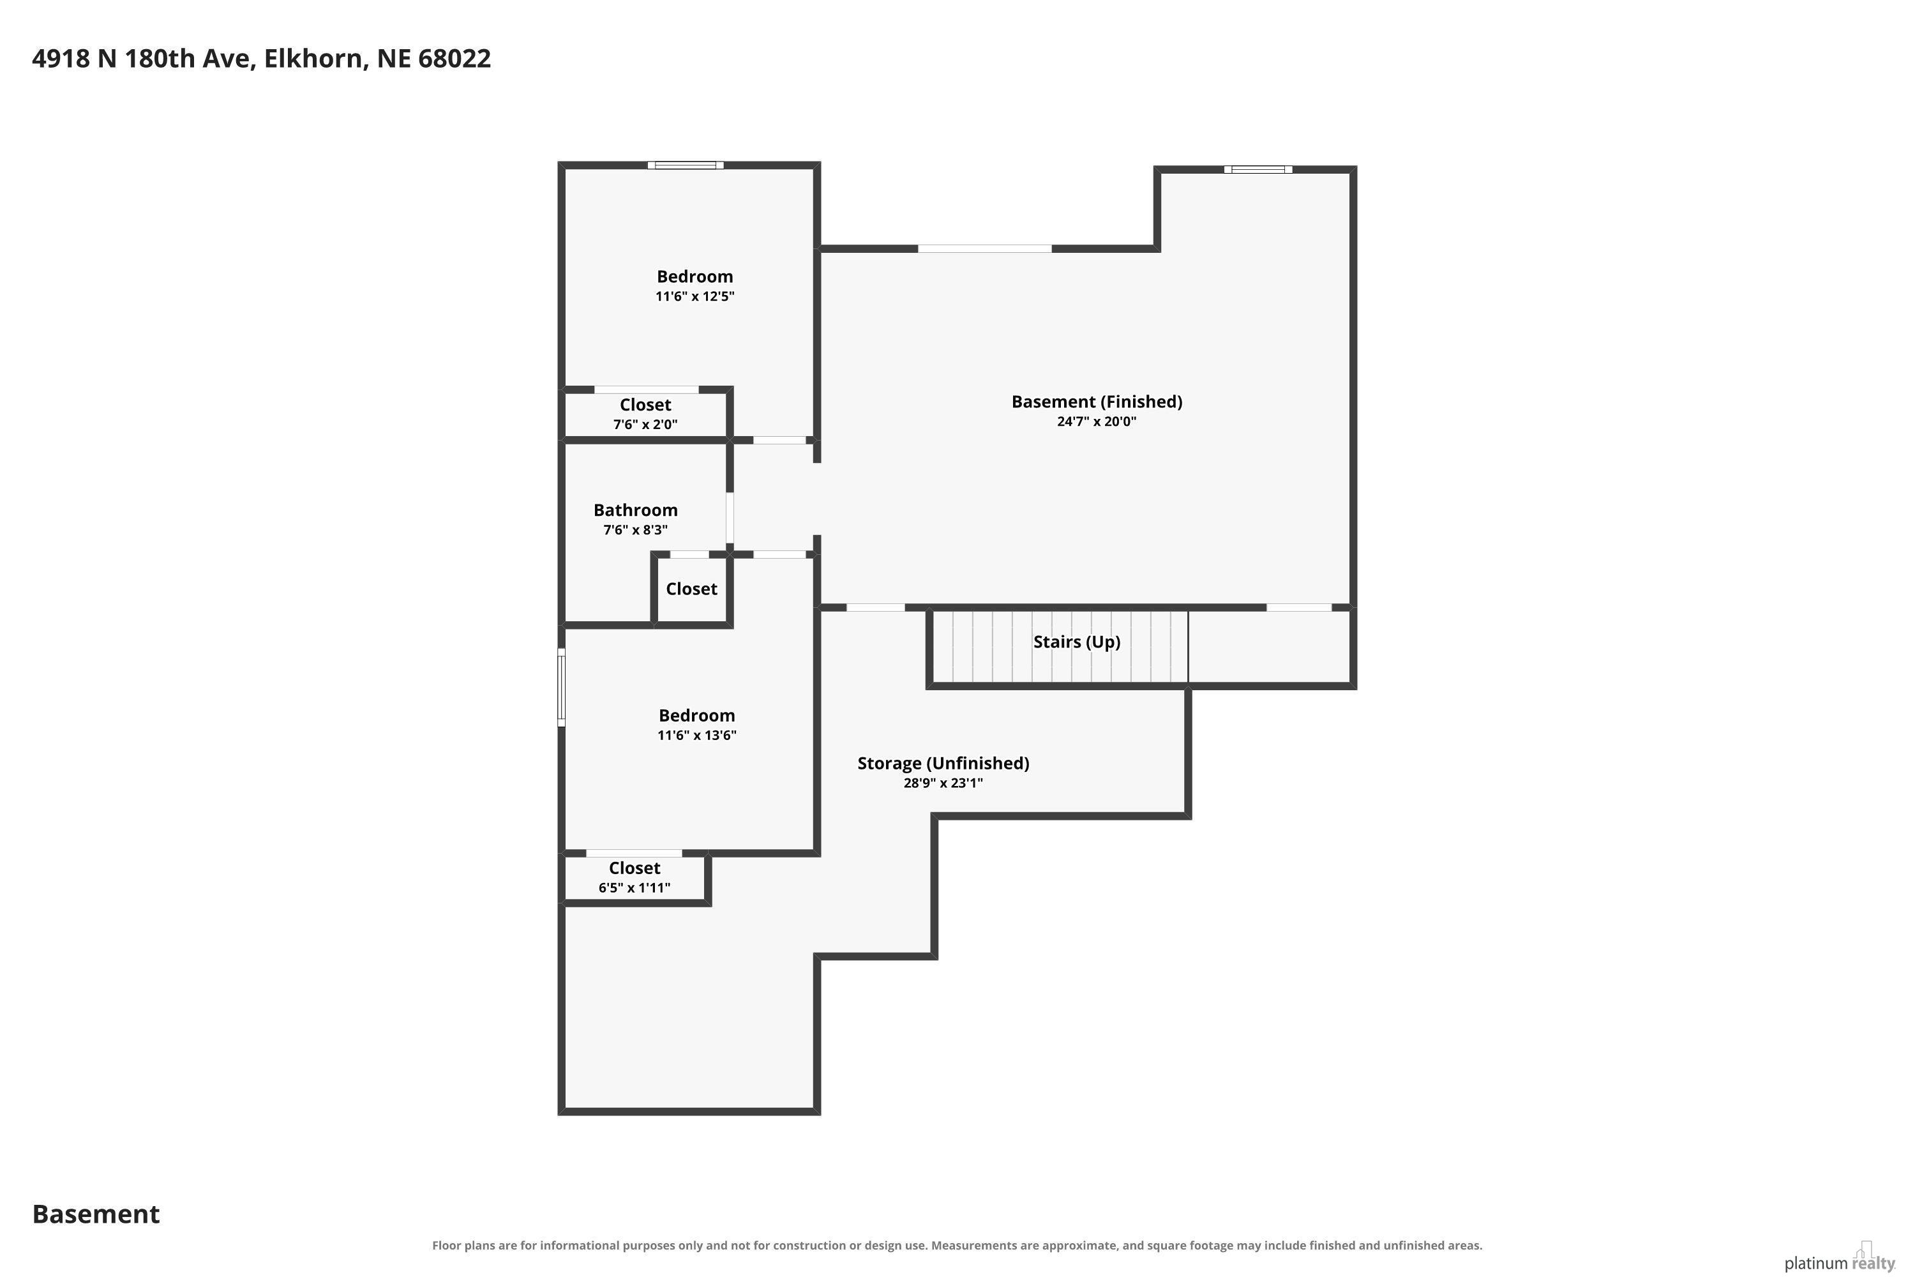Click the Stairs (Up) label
click(1076, 642)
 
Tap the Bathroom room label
click(635, 510)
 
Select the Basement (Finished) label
click(1097, 402)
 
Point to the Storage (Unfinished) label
click(943, 763)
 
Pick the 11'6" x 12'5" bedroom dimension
click(695, 296)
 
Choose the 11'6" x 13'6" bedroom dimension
click(697, 736)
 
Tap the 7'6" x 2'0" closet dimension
click(645, 425)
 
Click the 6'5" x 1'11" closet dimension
click(635, 888)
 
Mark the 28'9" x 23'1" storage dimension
click(943, 783)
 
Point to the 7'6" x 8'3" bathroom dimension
click(635, 530)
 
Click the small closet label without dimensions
click(691, 589)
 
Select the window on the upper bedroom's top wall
click(686, 165)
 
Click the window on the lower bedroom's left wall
click(561, 686)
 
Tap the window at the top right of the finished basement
click(1258, 169)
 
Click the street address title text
click(261, 59)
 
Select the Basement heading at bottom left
click(96, 1214)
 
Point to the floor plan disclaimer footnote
click(957, 1245)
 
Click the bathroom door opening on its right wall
click(730, 518)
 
